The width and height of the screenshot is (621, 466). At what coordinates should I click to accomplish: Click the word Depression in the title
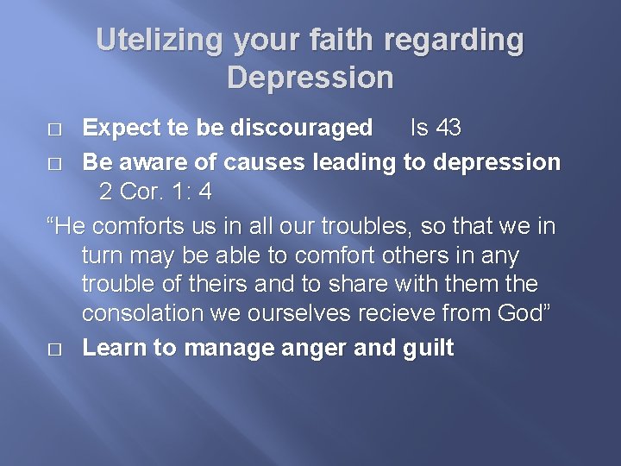[310, 78]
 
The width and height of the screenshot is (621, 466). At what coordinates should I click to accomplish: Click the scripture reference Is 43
[436, 129]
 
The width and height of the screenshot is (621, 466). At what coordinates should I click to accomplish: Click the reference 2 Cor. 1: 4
[155, 192]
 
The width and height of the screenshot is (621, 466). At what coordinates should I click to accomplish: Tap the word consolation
[152, 312]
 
